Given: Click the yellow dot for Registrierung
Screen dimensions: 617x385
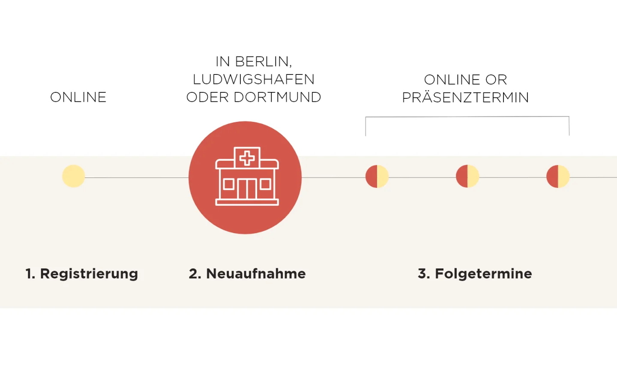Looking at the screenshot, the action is [74, 176].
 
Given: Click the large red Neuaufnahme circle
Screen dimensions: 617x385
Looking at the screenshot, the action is [245, 178].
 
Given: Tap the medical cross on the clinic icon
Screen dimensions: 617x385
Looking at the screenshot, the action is [247, 158].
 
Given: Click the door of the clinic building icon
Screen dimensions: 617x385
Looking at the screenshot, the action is [247, 189].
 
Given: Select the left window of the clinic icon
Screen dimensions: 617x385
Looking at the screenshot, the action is [229, 184].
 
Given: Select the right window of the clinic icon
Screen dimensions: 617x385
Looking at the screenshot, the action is [266, 184].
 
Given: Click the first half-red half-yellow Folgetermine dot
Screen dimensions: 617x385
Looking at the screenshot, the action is [377, 176].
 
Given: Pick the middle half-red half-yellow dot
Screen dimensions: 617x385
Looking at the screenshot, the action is [467, 176].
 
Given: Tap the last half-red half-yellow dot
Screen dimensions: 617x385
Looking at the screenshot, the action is [558, 176].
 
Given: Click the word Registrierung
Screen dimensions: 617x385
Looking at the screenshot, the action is [89, 274].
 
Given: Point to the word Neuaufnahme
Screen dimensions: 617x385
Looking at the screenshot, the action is [256, 274].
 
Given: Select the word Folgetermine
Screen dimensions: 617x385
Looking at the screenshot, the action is [483, 274].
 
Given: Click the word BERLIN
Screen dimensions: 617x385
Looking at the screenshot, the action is [264, 62].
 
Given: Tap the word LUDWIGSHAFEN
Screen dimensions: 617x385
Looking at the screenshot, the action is [254, 80].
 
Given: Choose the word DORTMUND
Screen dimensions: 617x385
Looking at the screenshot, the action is [277, 98].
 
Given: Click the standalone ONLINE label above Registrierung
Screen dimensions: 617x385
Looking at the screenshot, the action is [78, 98].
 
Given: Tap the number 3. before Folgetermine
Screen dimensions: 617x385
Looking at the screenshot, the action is [424, 274].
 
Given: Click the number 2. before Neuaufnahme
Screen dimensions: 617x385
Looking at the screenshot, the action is [195, 274].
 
